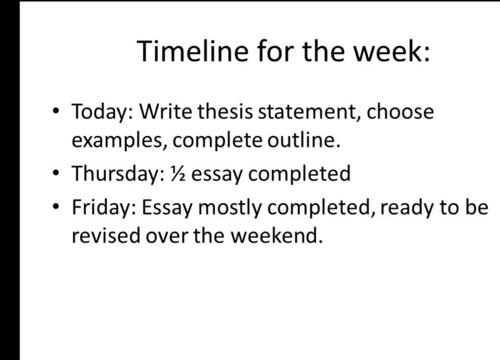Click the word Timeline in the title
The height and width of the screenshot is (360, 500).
tap(193, 51)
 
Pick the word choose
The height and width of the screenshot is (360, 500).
tap(400, 111)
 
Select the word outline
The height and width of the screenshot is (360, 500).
tap(304, 140)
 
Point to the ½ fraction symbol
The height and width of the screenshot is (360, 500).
tap(178, 174)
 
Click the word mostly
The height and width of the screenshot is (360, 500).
tap(229, 208)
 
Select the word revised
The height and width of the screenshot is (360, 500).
tap(106, 235)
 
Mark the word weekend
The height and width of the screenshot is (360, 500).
tap(277, 235)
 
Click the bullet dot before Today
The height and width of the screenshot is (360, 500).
tap(56, 111)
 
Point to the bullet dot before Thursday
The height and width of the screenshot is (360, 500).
tap(56, 173)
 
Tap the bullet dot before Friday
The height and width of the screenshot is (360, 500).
tap(56, 207)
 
